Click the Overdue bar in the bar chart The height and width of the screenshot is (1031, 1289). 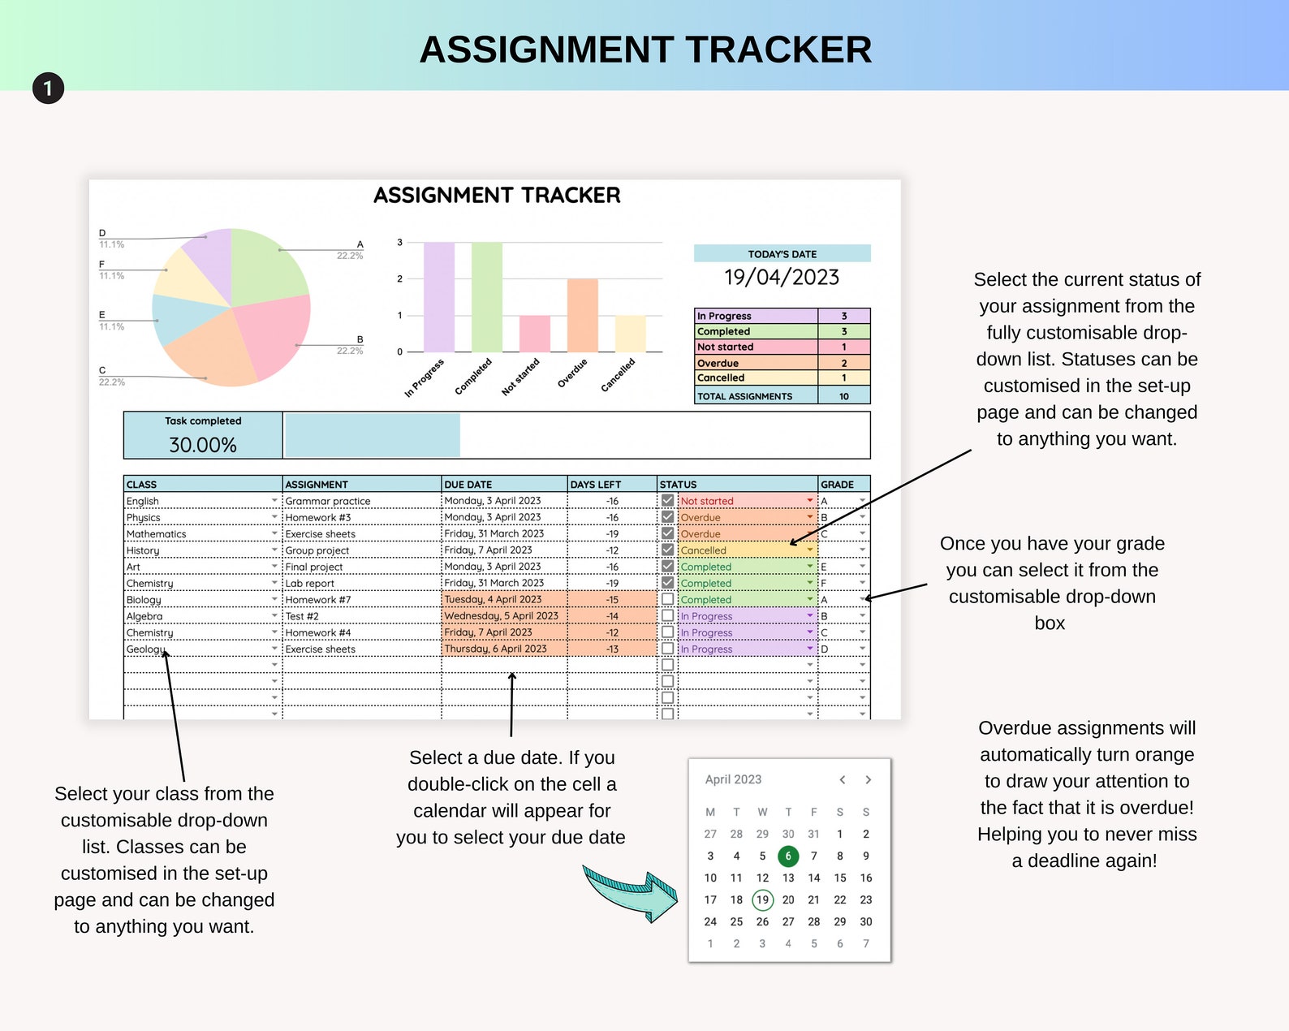582,315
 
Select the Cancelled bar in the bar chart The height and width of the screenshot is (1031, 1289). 630,334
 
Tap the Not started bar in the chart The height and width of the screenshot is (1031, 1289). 534,334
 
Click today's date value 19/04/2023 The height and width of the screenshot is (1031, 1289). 782,278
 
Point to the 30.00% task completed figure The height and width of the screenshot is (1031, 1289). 203,445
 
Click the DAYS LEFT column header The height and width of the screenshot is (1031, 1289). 596,485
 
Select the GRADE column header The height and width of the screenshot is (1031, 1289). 837,485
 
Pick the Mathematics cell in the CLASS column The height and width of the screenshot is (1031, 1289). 157,534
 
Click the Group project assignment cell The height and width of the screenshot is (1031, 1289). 317,550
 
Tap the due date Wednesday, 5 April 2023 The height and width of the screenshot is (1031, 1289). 501,616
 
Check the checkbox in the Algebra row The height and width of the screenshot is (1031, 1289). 667,616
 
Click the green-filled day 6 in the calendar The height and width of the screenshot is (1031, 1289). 787,856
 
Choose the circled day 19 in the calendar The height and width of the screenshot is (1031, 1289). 762,899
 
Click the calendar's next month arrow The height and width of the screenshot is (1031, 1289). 868,779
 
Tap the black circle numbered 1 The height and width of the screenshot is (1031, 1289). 48,88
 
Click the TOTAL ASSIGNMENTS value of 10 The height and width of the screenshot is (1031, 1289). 844,396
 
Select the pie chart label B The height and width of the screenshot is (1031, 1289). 360,339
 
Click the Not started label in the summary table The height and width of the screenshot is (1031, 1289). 725,347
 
